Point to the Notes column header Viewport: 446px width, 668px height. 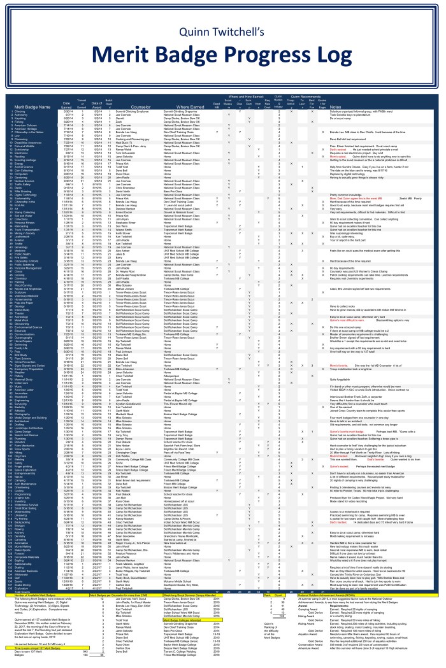[336, 106]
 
